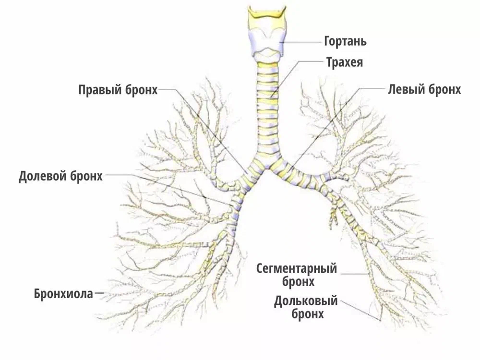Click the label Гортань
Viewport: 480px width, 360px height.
(345, 41)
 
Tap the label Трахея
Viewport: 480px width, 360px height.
(344, 62)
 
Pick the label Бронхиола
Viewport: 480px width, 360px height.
(63, 294)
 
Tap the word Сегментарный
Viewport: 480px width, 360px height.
(297, 269)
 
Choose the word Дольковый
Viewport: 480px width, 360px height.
(305, 301)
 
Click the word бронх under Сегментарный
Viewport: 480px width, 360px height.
(298, 281)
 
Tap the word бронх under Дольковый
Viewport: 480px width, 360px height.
(307, 314)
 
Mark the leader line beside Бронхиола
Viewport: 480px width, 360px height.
(99, 293)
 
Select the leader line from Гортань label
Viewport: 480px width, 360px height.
(303, 42)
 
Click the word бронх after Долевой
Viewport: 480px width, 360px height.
(86, 176)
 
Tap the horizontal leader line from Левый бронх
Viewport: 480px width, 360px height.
(372, 89)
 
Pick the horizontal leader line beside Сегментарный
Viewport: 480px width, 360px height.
(355, 274)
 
